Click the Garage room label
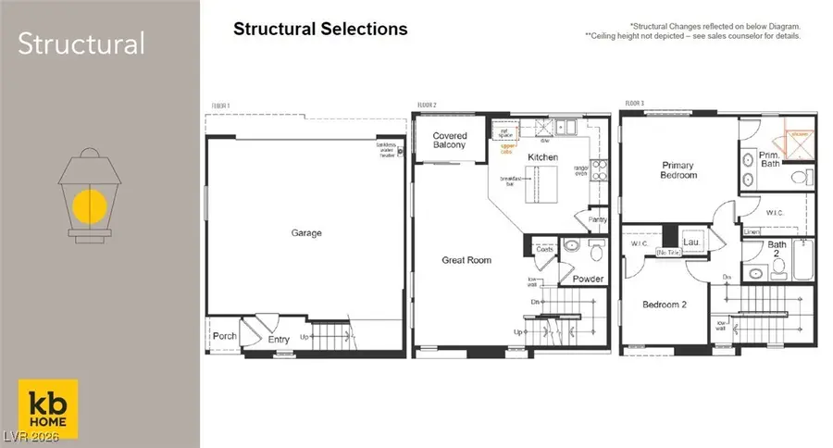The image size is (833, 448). click(306, 233)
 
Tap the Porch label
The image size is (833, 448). click(225, 336)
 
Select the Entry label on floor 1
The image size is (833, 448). click(279, 340)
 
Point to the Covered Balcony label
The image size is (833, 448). click(450, 141)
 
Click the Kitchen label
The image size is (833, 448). click(543, 157)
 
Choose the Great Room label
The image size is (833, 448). click(466, 260)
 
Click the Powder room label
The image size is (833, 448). click(588, 279)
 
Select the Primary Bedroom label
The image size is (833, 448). click(678, 170)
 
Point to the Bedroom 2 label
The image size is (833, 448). click(665, 305)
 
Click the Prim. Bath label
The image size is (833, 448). click(769, 159)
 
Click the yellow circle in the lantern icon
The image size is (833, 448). click(89, 206)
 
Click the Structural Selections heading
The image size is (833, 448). click(320, 29)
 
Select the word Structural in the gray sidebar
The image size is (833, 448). click(81, 44)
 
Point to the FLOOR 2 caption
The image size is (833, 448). click(426, 106)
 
